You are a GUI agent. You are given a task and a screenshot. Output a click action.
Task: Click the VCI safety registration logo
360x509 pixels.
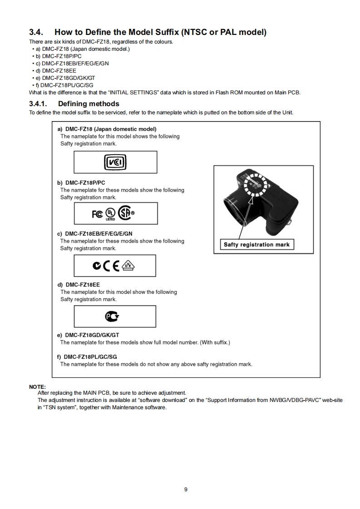click(x=115, y=162)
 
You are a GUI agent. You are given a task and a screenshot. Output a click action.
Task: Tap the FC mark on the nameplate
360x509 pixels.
click(x=97, y=214)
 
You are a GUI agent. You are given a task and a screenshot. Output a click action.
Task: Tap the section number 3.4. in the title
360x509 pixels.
click(x=36, y=32)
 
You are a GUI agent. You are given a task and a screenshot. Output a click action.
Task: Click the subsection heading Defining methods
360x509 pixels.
click(x=89, y=104)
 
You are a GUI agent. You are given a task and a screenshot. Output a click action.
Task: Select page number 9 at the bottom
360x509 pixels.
click(x=186, y=489)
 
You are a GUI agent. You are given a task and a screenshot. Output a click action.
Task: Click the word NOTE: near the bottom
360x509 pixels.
click(x=37, y=387)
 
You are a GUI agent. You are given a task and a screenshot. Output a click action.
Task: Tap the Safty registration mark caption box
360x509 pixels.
click(x=256, y=245)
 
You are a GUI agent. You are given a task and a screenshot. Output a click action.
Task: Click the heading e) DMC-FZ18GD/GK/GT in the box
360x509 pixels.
click(x=88, y=335)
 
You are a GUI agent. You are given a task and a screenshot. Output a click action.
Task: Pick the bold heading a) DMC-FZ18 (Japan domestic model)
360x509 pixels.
click(x=107, y=129)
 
